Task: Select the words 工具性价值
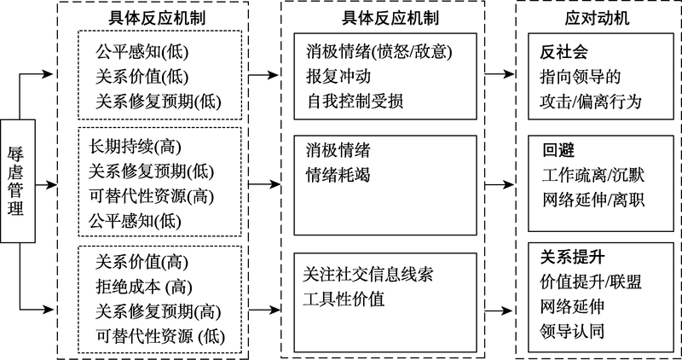[x=343, y=299]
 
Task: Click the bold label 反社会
[x=559, y=52]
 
